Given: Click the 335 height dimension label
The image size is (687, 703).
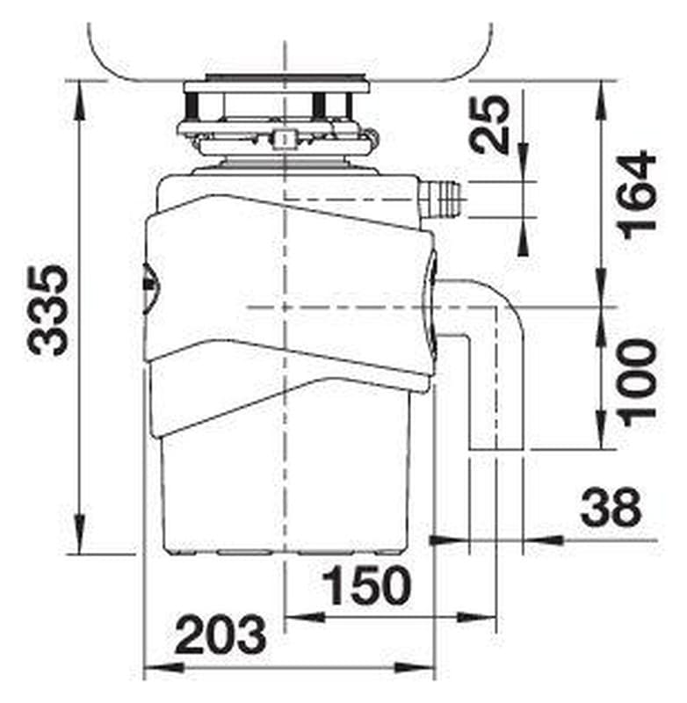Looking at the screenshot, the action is (48, 311).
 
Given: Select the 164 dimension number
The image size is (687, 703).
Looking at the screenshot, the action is (637, 195).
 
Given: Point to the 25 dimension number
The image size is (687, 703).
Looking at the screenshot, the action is (489, 124).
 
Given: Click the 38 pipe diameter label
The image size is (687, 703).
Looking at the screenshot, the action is (611, 507).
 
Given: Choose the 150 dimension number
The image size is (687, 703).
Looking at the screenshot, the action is (366, 585).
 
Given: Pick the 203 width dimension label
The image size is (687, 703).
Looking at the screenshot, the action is (220, 634).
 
